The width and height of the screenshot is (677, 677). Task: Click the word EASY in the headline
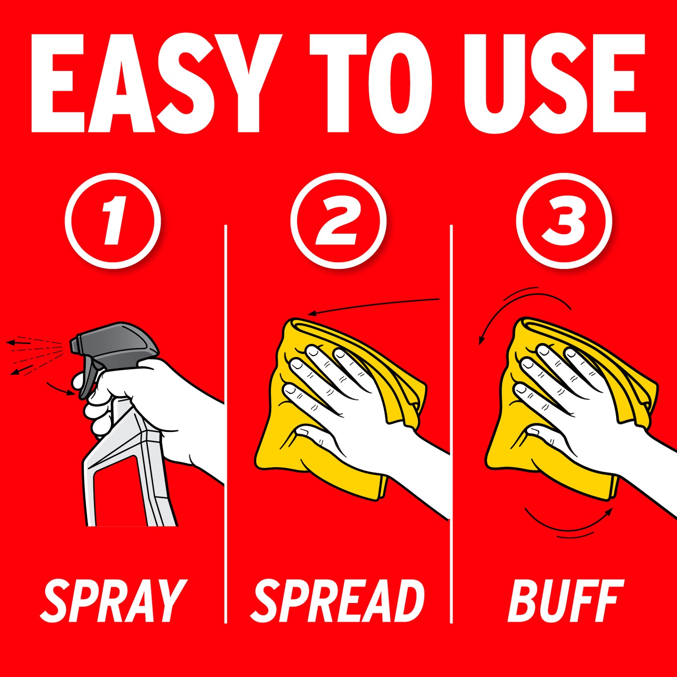pos(156,83)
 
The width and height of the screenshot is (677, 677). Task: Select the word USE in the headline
pos(554,83)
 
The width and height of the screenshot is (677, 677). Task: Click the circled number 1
pos(113,221)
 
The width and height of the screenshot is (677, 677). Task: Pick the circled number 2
pos(338,221)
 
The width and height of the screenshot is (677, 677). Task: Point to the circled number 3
pos(564,221)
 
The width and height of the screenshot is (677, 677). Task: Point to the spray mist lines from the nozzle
pos(35,355)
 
